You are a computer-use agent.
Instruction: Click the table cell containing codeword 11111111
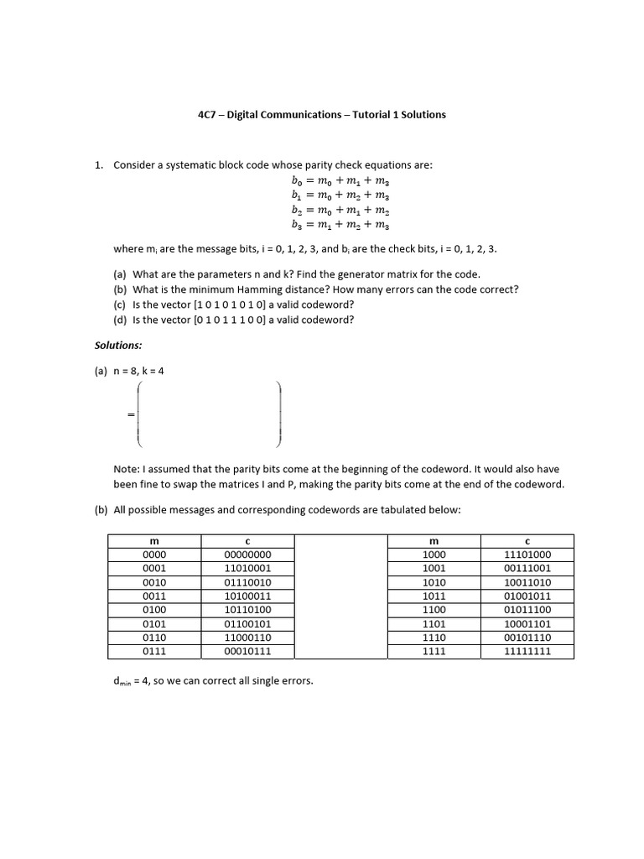[x=527, y=651]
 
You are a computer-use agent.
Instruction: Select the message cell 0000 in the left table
[x=154, y=554]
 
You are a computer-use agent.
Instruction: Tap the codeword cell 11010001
[x=247, y=569]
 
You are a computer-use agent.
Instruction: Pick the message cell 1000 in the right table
[x=435, y=554]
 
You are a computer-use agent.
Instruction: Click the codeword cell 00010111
[x=247, y=651]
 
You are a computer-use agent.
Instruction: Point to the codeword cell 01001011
[x=527, y=596]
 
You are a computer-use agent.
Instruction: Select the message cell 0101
[x=154, y=623]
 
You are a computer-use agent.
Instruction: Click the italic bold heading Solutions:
[x=118, y=345]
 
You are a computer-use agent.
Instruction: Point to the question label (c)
[x=120, y=305]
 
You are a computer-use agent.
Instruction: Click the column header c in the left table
[x=247, y=540]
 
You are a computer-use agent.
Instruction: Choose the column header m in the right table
[x=435, y=540]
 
